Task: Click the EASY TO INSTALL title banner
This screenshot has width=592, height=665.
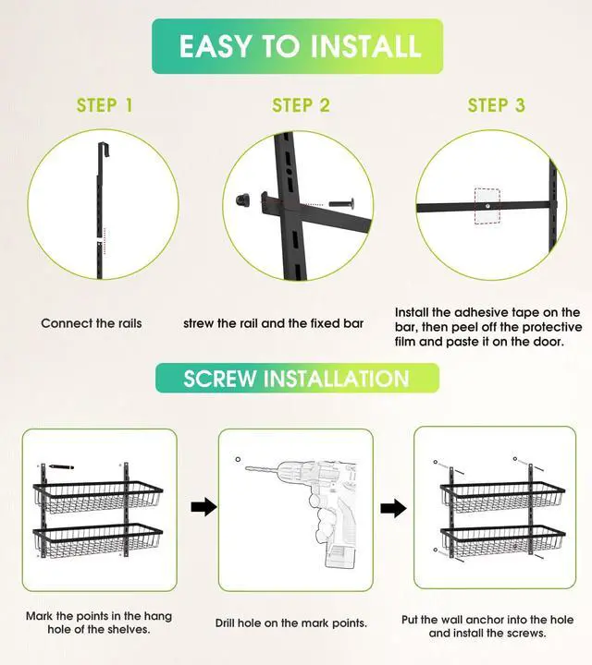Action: (x=297, y=46)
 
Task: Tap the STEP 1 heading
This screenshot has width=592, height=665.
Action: (x=105, y=105)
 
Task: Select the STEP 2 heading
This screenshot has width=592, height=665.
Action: (x=301, y=105)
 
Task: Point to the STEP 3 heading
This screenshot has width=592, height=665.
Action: (x=497, y=105)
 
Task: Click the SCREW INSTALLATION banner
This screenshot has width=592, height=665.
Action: (x=297, y=378)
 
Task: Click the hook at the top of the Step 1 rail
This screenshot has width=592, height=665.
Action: (x=105, y=150)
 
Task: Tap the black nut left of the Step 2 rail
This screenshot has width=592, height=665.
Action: (x=243, y=199)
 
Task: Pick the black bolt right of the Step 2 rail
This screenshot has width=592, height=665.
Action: (x=342, y=204)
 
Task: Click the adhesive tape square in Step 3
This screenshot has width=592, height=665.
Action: (x=487, y=206)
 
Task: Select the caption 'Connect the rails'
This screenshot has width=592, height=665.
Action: (x=92, y=323)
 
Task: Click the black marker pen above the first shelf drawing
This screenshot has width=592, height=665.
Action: (x=61, y=466)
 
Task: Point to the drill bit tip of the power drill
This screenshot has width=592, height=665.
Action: (x=246, y=468)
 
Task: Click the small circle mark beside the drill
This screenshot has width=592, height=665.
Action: (x=238, y=459)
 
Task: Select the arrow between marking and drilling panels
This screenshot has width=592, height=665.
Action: (x=203, y=507)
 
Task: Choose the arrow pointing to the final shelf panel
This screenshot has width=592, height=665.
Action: (x=393, y=508)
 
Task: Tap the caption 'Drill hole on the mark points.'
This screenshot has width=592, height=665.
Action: (x=290, y=623)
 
